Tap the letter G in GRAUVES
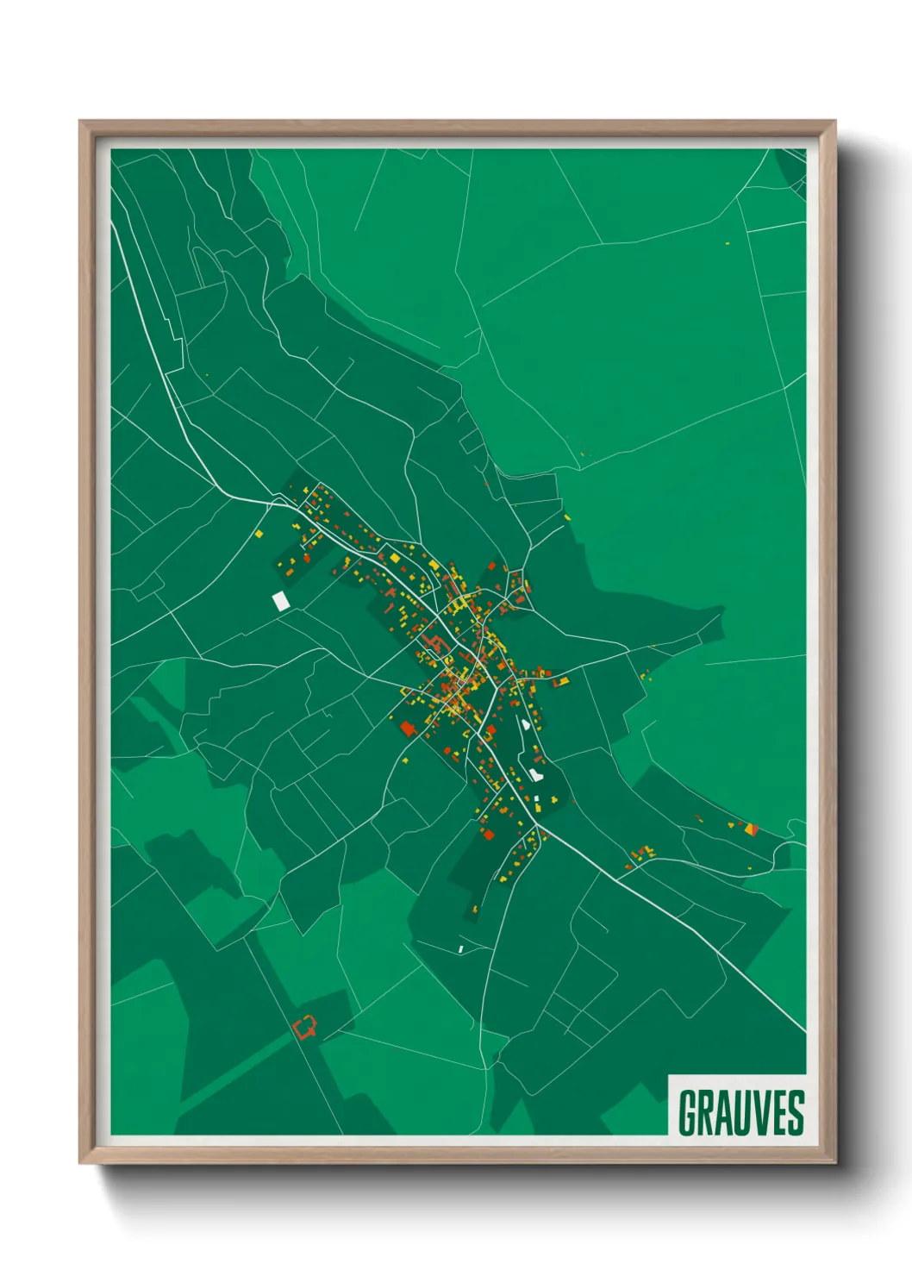point(689,1113)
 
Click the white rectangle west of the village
point(280,600)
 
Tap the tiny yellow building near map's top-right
point(728,243)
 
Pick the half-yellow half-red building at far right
point(752,829)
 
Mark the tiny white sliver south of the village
point(461,948)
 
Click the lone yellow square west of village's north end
point(259,535)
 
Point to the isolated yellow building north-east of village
point(568,517)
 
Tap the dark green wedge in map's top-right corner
point(791,164)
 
